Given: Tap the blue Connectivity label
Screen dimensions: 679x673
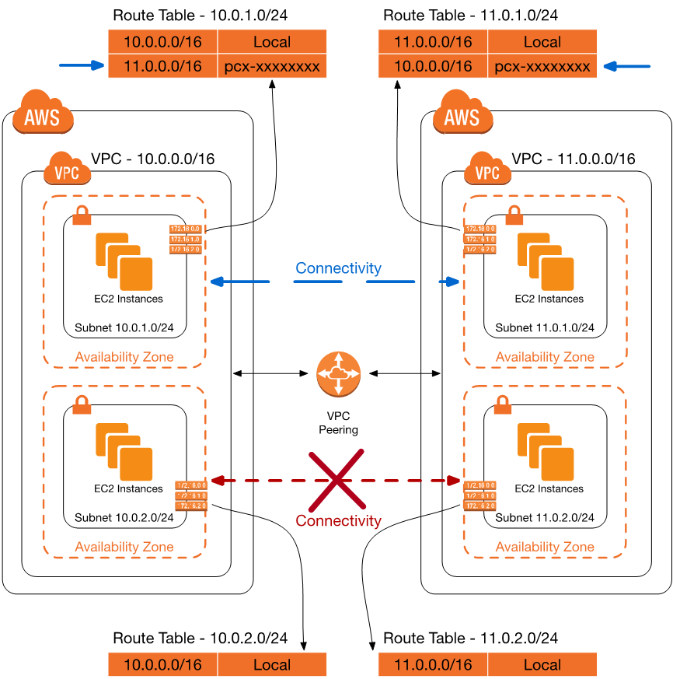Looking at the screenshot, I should [x=338, y=268].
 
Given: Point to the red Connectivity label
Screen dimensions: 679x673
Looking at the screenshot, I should [x=339, y=520].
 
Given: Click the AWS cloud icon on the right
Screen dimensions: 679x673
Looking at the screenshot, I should [x=462, y=115].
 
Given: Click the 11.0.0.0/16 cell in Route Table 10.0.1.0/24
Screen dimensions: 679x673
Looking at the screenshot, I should [x=162, y=66].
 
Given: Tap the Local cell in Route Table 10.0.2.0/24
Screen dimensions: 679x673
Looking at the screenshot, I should [x=272, y=665].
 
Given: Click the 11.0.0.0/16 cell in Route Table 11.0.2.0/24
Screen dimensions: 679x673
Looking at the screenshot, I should [x=433, y=665].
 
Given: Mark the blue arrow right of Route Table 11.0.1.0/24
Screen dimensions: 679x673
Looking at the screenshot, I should [x=628, y=66].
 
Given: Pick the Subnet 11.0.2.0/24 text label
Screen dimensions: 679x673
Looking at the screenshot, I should [x=545, y=517].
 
